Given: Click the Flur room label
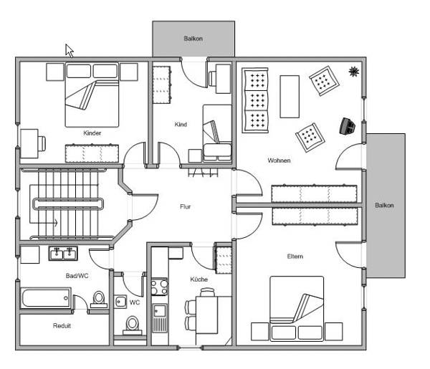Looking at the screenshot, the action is coord(186,206).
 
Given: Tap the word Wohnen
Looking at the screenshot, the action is coord(279,160).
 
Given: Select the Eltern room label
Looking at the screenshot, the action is coord(295,257).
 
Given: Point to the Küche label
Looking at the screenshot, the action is coord(199,279).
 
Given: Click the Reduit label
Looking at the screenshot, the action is coord(62,326).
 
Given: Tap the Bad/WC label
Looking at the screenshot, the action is coord(77,276).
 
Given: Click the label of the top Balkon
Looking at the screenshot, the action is coord(193,39).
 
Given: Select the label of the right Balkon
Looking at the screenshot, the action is coord(384,206).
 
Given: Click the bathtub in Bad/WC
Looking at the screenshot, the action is coord(46,298).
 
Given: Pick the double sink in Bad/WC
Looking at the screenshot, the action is coord(63,253).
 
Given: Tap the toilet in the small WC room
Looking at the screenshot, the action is coord(132,326).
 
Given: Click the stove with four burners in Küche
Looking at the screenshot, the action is coord(159,287).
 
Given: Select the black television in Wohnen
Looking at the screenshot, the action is coord(347,126).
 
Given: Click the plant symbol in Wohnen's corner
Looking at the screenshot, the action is coord(354,72).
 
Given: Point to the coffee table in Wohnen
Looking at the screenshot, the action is coord(290,97).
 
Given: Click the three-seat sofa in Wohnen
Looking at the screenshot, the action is coord(255,100).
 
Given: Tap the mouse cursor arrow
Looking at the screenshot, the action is coord(69,51).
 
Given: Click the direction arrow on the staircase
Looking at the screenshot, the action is coord(44,223).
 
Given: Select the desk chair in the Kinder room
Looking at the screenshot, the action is coord(42,143).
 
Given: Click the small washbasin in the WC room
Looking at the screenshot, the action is coord(120,302).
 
